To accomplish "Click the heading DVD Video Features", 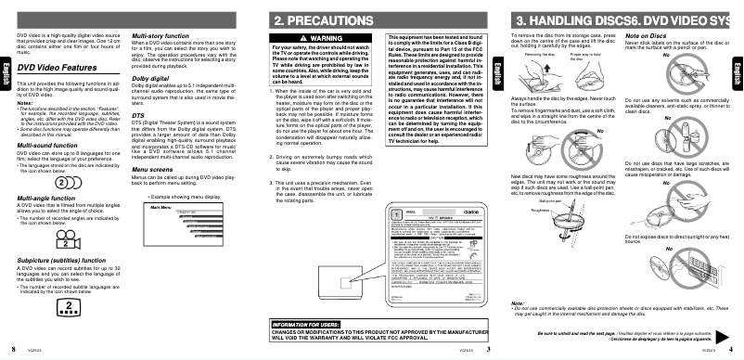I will [58, 67].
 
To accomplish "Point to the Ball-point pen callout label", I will [552, 199].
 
